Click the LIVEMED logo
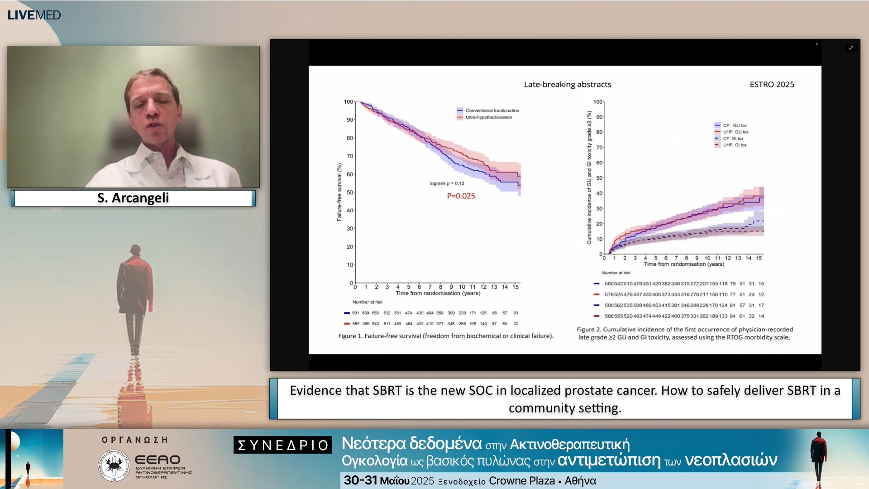pos(34,15)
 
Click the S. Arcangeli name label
pos(133,198)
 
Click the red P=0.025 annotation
pos(461,196)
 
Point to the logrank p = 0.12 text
pos(447,183)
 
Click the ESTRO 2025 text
pos(772,85)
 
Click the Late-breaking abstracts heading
pos(567,85)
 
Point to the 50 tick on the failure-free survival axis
pos(350,192)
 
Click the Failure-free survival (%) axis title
pos(339,192)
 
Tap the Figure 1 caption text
pos(445,336)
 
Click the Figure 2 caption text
pos(684,333)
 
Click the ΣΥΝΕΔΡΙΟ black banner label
pos(283,445)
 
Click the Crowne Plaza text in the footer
pos(521,481)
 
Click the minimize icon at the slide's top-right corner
pos(851,48)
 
